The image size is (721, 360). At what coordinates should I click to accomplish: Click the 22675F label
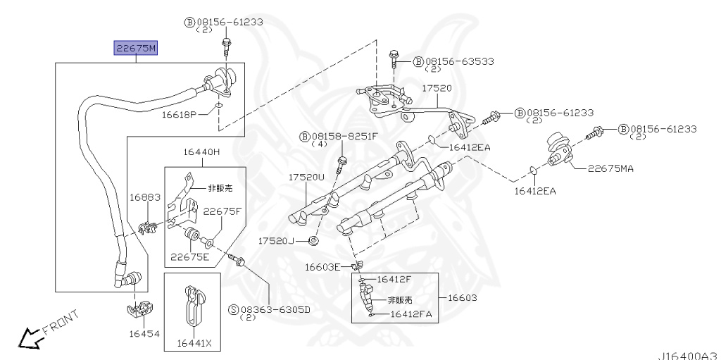(222, 211)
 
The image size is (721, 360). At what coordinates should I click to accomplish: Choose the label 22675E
(190, 256)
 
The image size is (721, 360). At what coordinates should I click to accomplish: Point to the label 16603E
(322, 266)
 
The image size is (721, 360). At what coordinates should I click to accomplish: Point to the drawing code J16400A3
(687, 354)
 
